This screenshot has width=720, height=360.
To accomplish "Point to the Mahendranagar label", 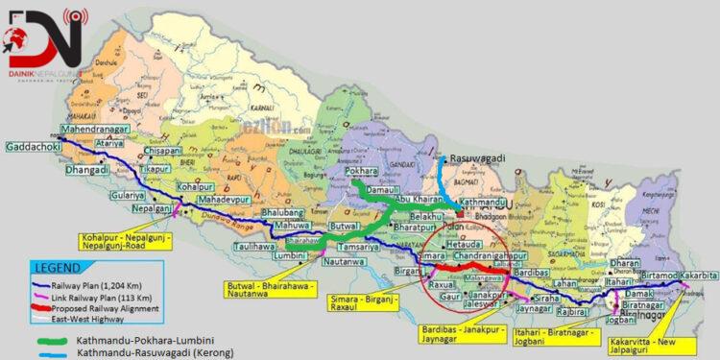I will coord(93,130).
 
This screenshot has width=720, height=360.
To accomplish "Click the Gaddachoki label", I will coord(33,149).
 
